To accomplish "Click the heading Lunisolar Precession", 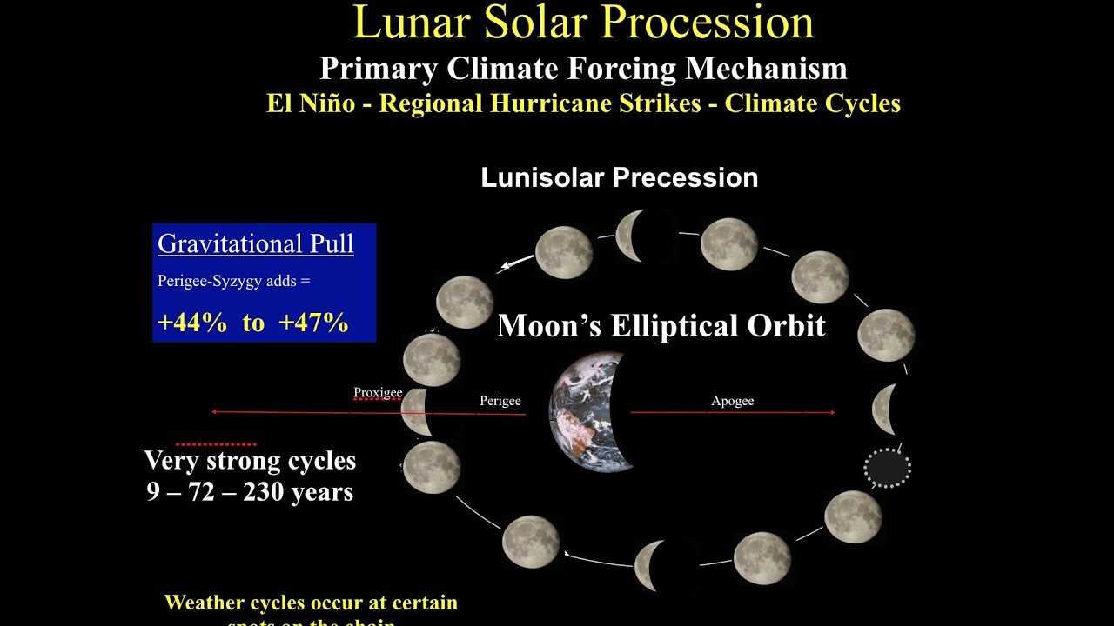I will point(619,178).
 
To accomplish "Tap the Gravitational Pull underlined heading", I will point(256,244).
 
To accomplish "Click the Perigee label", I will point(500,401).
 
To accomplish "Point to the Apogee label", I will point(732,401).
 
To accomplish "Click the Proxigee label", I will point(378,393).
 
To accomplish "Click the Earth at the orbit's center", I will point(590,411).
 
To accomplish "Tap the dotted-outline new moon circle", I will point(887,468).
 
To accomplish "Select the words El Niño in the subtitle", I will point(311,103).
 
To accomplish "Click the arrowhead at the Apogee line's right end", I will point(832,412).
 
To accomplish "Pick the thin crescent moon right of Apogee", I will point(885,409).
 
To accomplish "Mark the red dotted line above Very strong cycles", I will point(216,444).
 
